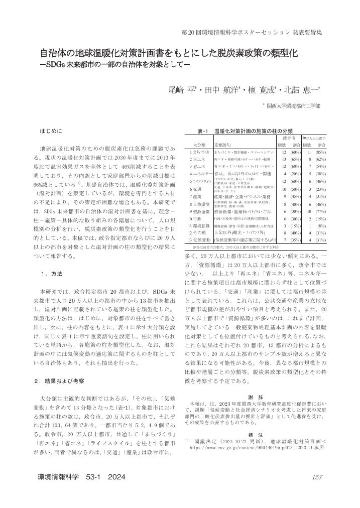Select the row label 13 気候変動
[195, 241]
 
